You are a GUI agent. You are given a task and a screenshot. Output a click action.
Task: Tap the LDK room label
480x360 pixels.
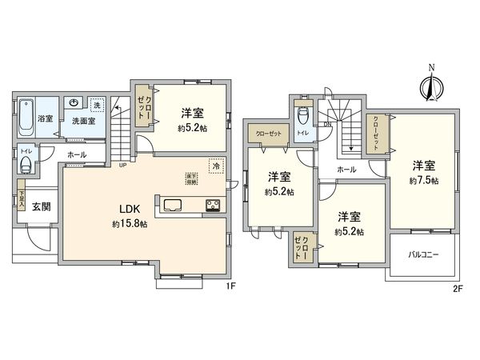click(x=130, y=211)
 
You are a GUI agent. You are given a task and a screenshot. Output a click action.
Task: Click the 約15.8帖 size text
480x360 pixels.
click(x=130, y=224)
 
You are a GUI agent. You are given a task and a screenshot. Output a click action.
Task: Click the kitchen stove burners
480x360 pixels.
click(x=214, y=204)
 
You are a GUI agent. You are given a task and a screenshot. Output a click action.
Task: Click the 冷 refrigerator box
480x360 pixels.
click(x=215, y=166)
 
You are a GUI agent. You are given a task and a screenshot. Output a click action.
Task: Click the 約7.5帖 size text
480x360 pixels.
click(x=423, y=180)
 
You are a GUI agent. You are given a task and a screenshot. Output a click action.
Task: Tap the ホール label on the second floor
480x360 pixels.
click(x=346, y=170)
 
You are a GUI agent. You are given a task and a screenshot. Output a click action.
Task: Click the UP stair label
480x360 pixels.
click(x=122, y=166)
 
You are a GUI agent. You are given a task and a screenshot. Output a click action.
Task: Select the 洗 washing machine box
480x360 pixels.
click(x=96, y=106)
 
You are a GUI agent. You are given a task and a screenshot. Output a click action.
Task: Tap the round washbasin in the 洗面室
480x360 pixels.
click(x=73, y=104)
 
